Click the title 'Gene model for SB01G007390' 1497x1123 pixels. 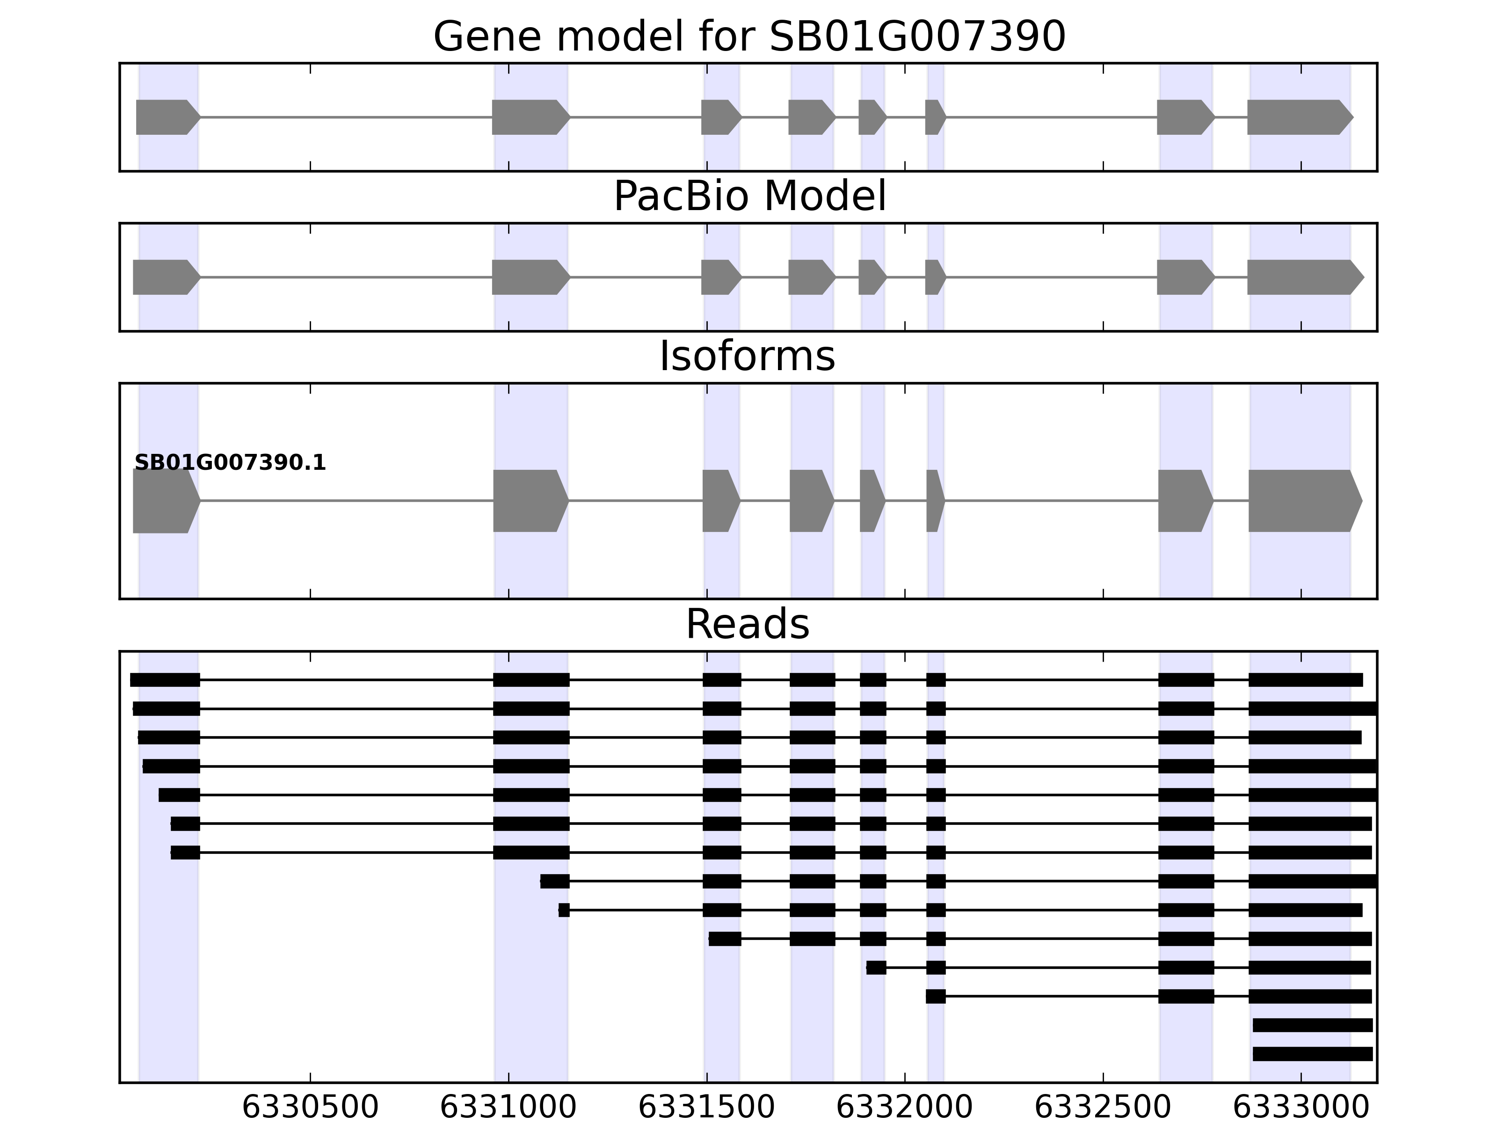pyautogui.click(x=749, y=36)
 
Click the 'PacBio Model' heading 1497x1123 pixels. pyautogui.click(x=749, y=197)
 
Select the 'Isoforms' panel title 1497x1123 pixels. pyautogui.click(x=747, y=357)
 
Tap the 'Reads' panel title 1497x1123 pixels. pyautogui.click(x=747, y=624)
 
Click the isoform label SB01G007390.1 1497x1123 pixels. pyautogui.click(x=230, y=463)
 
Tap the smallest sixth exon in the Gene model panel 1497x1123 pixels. pyautogui.click(x=934, y=117)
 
